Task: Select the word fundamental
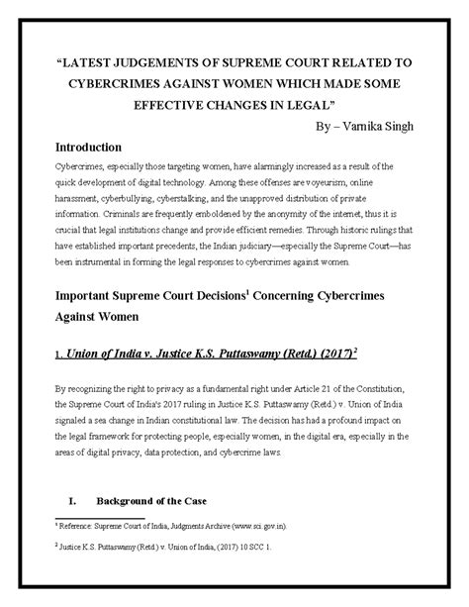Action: point(245,392)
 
